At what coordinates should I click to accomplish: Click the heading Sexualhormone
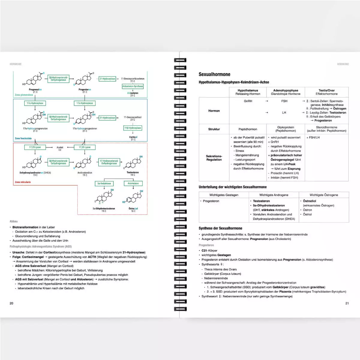coord(214,74)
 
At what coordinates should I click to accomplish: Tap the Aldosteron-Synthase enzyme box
coord(133,86)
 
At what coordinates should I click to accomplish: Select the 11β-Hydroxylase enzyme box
coord(133,128)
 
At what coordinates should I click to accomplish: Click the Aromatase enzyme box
coord(133,183)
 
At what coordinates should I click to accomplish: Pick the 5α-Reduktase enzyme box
coord(104,183)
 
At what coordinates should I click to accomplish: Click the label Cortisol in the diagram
coord(133,137)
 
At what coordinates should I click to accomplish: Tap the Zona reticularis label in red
coord(23,182)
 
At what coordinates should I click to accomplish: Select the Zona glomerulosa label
coord(24,95)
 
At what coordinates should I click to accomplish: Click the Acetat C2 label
coord(60,148)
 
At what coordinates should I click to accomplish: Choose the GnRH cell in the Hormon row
coord(248,101)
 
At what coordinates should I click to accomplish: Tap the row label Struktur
coord(214,129)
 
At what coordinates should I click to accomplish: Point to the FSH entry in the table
coord(284,101)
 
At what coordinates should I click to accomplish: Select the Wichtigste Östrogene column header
coord(324,195)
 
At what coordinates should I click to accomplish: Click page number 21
coord(347,303)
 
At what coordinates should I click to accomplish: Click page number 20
coord(11,303)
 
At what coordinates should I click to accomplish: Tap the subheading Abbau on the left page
coord(13,221)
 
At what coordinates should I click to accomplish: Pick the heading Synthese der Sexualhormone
coord(220,228)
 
